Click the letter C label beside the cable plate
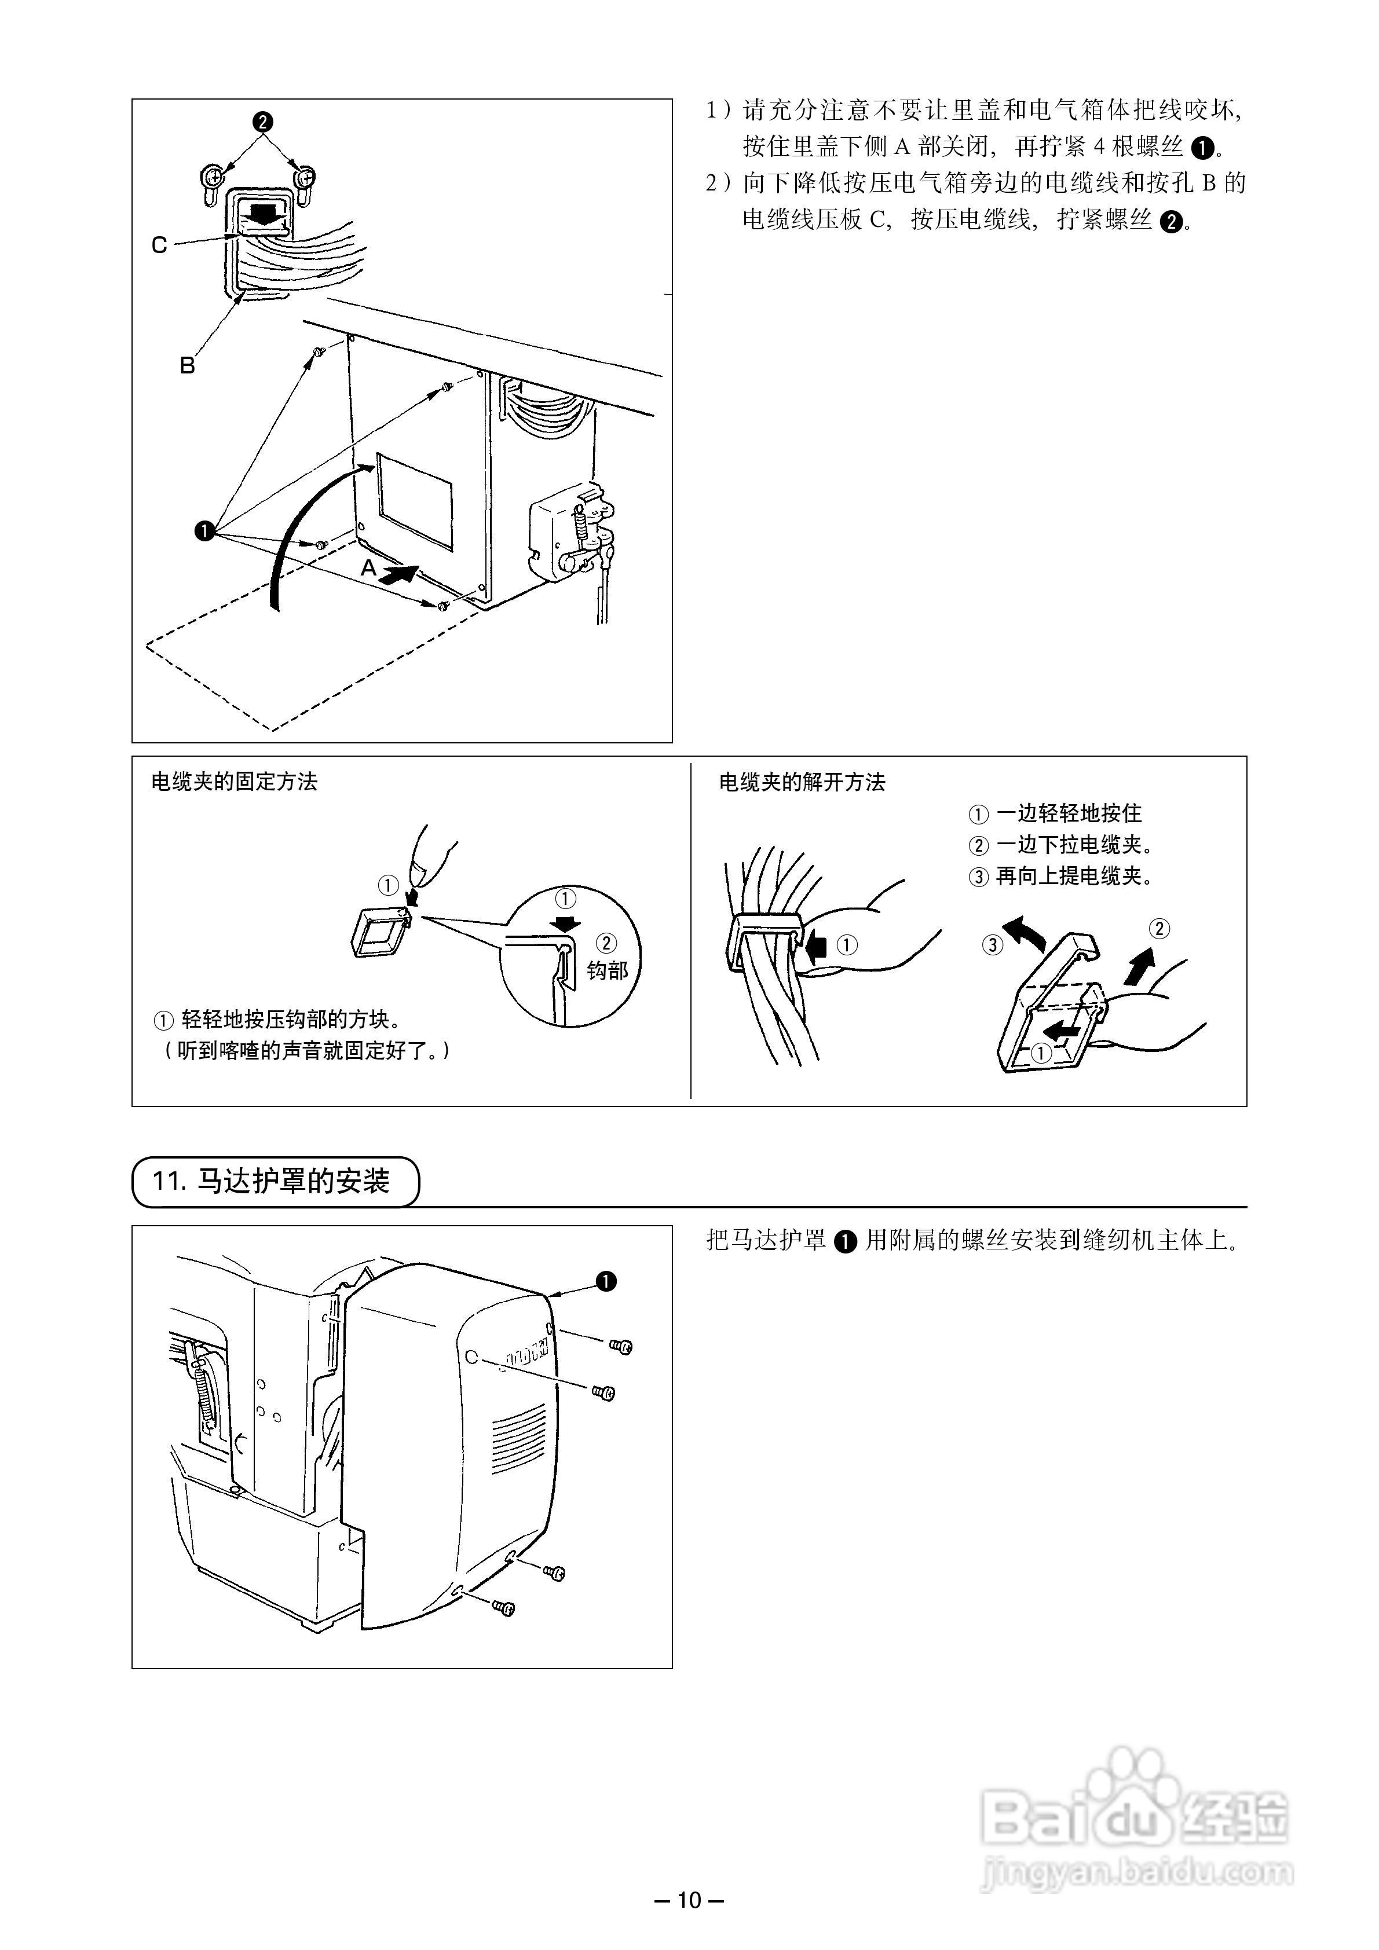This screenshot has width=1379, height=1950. click(x=159, y=245)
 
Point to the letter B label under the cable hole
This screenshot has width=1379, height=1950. click(x=187, y=366)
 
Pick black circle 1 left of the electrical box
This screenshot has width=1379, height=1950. click(x=204, y=532)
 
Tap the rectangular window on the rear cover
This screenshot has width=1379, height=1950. click(x=415, y=500)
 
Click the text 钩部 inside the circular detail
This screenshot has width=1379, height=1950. click(x=606, y=970)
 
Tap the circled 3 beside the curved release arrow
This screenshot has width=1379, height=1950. click(x=992, y=944)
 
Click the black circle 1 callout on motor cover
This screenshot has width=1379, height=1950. click(x=606, y=1281)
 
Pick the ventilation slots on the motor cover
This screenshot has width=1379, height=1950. click(x=519, y=1435)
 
